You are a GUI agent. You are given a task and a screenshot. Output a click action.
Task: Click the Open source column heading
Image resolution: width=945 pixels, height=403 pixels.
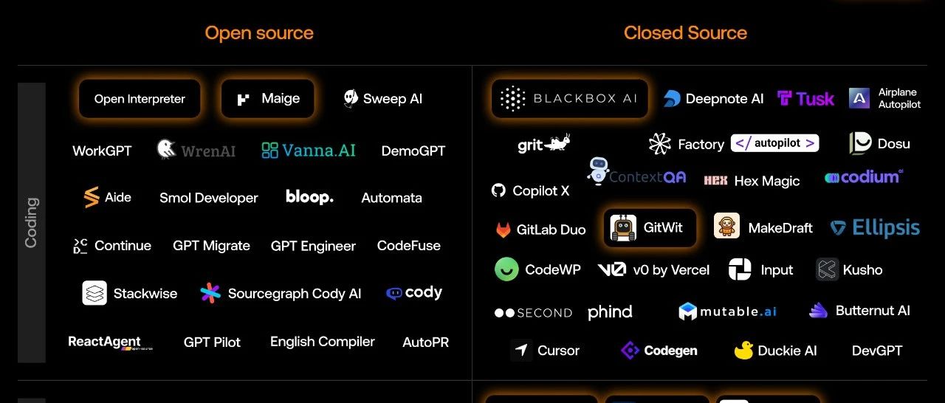[x=258, y=33]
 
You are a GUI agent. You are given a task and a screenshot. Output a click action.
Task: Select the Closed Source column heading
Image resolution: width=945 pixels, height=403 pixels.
[x=685, y=33]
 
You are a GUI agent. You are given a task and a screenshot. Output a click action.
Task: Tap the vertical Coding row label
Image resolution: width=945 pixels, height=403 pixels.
[x=32, y=222]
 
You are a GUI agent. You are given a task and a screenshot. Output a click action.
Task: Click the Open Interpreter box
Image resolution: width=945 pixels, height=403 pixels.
[x=140, y=99]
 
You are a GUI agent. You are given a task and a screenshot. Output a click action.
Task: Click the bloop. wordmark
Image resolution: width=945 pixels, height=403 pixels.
[x=309, y=197]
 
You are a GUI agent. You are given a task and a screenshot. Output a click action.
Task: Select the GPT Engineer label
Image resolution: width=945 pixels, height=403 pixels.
[x=313, y=246]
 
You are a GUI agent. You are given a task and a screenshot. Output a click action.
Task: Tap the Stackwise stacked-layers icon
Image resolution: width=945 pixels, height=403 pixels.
[x=94, y=293]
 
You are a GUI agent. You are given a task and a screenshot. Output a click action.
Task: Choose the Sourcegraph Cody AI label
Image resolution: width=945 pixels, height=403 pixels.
[x=295, y=294]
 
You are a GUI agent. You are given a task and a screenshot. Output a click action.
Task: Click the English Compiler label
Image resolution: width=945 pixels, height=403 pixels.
[x=322, y=342]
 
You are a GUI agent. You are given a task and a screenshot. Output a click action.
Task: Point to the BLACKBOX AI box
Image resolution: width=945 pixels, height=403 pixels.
[x=569, y=99]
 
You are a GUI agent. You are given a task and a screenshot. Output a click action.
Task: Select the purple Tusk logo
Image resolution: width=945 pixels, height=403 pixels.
[x=805, y=99]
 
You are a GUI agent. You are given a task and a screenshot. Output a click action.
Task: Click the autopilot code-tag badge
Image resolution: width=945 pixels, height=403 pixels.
[x=774, y=143]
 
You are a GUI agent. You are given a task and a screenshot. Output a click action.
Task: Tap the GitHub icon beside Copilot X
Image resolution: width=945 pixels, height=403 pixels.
[x=499, y=190]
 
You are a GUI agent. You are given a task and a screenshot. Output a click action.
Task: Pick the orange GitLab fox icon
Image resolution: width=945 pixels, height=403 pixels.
[x=503, y=230]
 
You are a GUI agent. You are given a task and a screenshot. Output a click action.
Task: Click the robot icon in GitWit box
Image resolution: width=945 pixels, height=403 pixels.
[x=624, y=228]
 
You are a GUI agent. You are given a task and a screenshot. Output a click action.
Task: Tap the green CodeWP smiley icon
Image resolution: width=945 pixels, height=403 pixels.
[x=506, y=269]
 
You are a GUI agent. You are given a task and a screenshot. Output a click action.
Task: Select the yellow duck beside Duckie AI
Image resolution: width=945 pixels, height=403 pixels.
[x=743, y=351]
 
